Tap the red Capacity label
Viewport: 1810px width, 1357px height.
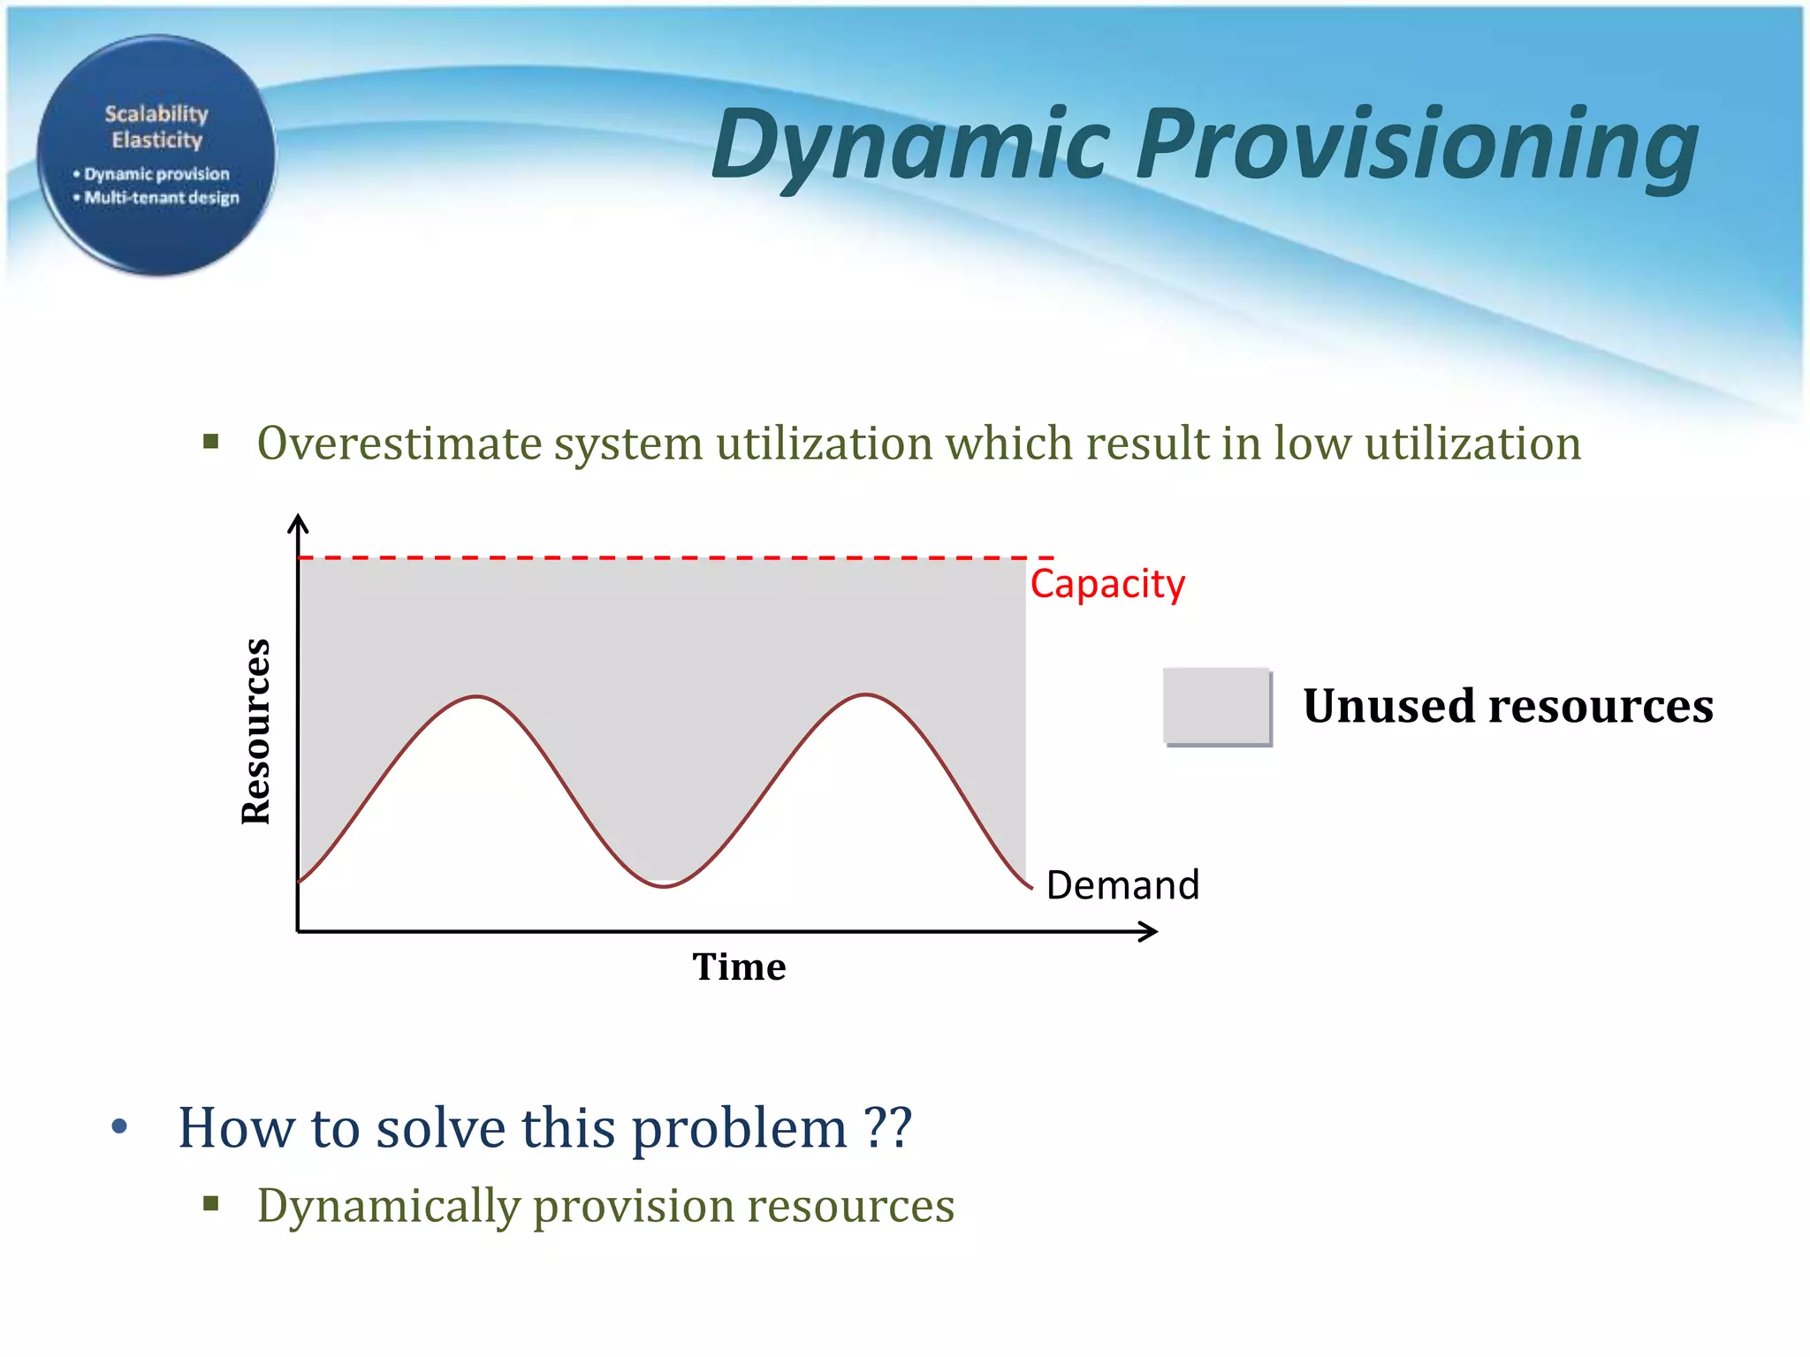1107,584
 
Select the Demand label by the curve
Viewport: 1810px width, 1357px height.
1122,885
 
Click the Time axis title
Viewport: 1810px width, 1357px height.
739,967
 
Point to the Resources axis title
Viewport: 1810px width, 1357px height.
256,732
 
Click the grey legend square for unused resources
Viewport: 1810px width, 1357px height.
1216,706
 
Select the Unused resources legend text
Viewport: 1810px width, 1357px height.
1508,706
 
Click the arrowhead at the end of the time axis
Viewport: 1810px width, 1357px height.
1149,931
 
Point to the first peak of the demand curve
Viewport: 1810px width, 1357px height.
477,697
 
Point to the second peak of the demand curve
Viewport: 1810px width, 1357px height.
866,695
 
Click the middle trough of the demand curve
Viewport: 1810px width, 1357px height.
665,885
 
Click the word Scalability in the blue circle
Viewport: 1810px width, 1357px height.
156,114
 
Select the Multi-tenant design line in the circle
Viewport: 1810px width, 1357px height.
161,198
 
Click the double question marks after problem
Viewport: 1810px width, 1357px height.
887,1127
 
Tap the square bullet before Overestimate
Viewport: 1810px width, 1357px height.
210,441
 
